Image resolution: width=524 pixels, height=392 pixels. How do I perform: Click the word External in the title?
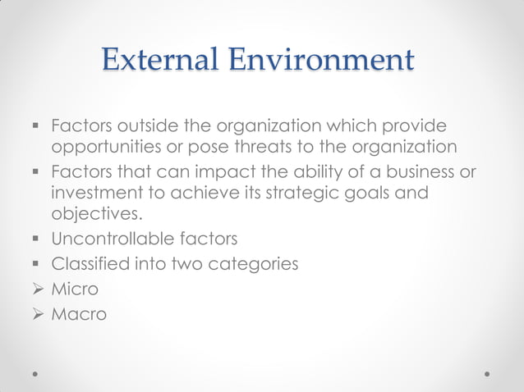(x=159, y=60)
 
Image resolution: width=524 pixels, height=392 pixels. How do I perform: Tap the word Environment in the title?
(x=321, y=60)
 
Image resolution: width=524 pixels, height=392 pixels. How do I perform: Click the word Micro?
(x=75, y=289)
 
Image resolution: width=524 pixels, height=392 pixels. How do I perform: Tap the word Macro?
(x=79, y=313)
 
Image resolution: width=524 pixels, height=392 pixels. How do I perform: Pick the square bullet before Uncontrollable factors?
(x=37, y=240)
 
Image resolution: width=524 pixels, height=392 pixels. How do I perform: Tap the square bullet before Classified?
(x=37, y=265)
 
